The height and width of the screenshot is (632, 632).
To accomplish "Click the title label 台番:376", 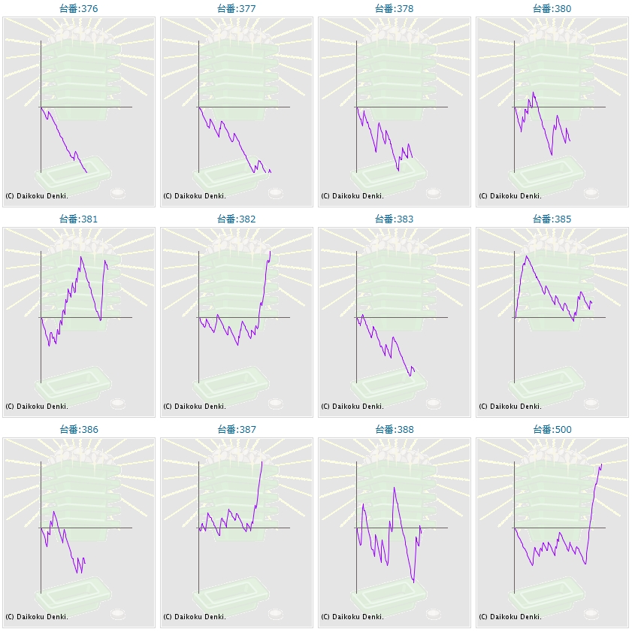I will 79,9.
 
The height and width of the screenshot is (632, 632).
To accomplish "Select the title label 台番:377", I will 237,9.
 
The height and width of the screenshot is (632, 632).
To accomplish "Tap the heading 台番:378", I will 395,9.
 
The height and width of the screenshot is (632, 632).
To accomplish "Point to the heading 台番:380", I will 552,9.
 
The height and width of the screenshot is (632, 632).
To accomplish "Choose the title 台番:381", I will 79,219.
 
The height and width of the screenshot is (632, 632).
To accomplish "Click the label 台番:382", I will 237,219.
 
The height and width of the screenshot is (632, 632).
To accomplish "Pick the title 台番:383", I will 395,219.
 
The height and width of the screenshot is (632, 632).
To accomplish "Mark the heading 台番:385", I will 552,219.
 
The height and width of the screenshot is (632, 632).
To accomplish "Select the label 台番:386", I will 79,430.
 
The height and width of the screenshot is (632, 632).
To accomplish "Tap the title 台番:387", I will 237,430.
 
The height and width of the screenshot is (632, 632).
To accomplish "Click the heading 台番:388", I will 395,430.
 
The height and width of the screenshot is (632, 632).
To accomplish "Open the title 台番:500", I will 552,430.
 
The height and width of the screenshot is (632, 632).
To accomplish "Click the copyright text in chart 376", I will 37,195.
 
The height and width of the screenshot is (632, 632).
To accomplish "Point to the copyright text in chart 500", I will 510,616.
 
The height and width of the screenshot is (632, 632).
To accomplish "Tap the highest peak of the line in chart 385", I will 526,256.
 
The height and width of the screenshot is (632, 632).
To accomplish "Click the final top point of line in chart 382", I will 270,251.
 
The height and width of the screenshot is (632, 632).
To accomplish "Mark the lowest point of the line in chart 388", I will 413,582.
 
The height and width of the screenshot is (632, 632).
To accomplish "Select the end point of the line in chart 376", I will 87,173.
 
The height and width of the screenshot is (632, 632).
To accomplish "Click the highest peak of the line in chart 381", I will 81,257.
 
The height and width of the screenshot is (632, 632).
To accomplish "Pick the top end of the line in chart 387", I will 262,461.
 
